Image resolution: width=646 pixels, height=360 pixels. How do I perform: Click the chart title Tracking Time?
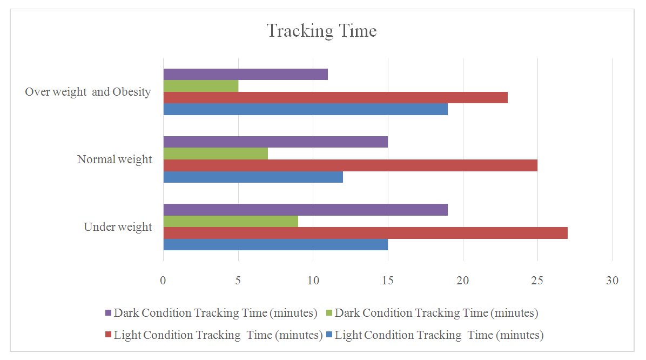pos(322,31)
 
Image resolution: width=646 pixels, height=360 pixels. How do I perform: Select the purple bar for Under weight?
pos(305,210)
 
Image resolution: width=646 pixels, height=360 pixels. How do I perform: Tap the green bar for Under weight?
pos(231,221)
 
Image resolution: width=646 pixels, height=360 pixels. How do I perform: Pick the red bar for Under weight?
pos(365,233)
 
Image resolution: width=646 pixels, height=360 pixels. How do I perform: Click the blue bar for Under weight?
pos(275,244)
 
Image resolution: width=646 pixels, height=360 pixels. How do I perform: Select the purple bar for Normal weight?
pos(275,142)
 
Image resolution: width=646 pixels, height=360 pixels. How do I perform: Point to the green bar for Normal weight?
pos(216,154)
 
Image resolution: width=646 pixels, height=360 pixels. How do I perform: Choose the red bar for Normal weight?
pos(350,165)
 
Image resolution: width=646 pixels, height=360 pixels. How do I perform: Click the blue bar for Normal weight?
pos(253,177)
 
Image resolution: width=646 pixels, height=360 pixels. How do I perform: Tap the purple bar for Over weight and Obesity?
pos(245,75)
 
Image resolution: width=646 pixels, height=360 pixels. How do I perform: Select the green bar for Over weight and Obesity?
pos(200,86)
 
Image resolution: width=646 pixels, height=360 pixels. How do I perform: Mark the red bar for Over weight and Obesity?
pos(335,98)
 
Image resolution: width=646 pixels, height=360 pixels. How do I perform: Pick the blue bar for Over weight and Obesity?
pos(305,109)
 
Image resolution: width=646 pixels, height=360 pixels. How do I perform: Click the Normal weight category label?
pos(115,159)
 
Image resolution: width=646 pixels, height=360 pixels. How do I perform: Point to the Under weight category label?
pos(118,227)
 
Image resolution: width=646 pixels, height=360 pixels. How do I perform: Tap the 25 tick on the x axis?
pos(537,281)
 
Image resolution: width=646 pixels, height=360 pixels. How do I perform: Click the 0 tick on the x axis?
pos(163,281)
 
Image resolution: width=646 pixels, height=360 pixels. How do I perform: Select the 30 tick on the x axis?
pos(612,281)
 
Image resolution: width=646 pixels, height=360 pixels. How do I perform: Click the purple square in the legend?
pos(108,313)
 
